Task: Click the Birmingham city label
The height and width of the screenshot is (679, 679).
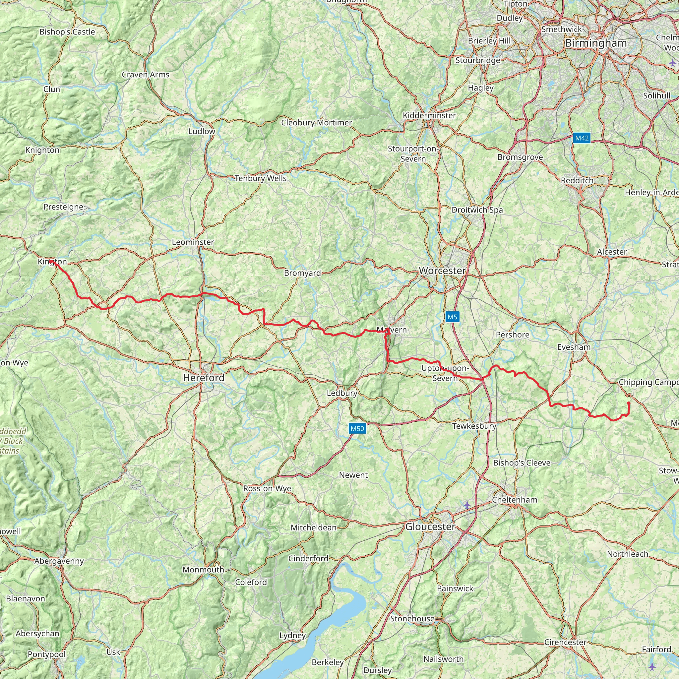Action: pos(596,43)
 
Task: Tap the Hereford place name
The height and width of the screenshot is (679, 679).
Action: pos(204,378)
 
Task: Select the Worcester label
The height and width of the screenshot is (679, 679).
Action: pos(443,271)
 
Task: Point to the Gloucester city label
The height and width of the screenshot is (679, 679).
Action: pos(430,526)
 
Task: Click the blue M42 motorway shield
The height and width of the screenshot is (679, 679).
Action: pos(582,138)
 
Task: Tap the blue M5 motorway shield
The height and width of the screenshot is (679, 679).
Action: pos(452,317)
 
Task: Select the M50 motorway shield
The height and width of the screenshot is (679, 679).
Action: pos(357,428)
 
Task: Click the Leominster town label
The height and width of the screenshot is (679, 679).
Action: pos(193,242)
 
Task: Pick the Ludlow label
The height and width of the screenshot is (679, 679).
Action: pos(202,131)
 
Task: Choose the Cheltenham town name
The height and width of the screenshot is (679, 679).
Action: pos(515,500)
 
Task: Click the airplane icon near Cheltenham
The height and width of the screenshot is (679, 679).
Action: pos(467,505)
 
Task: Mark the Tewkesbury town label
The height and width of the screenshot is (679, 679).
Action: pos(474,426)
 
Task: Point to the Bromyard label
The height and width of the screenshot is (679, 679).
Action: pos(302,273)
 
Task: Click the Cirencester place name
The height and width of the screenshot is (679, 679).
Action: pos(565,643)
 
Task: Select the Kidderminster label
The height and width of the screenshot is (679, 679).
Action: pos(429,115)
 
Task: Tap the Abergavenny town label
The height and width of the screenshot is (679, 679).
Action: pos(59,561)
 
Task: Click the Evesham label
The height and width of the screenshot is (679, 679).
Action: pos(574,347)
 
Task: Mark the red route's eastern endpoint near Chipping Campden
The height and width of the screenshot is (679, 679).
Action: pos(628,403)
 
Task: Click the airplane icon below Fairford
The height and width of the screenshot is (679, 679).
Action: pos(652,666)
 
